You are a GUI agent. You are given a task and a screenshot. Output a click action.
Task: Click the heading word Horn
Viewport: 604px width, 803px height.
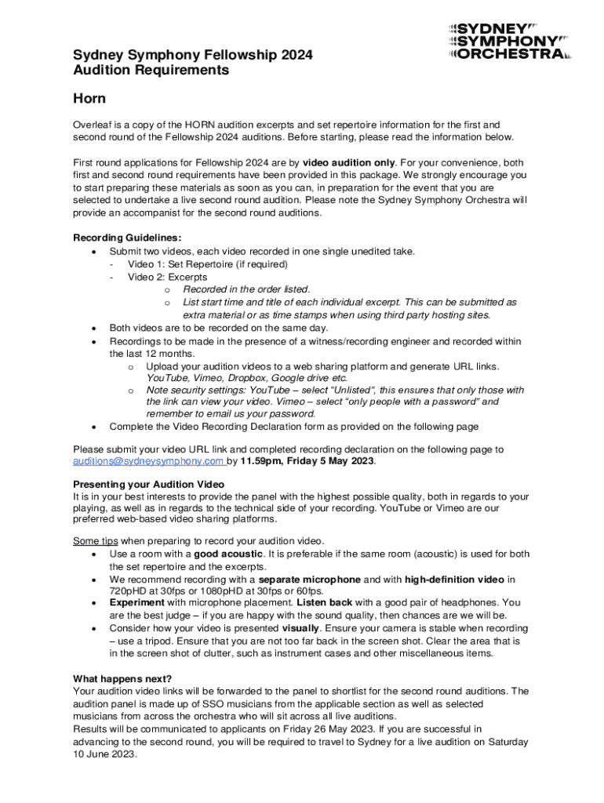[89, 99]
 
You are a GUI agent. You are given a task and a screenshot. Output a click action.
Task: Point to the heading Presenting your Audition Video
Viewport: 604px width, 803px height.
[148, 484]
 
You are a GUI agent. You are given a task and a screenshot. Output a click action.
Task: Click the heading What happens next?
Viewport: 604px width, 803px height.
[122, 678]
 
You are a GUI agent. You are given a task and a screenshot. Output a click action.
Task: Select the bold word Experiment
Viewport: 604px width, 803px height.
[137, 603]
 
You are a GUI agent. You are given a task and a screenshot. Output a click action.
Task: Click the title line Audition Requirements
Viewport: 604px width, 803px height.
[151, 71]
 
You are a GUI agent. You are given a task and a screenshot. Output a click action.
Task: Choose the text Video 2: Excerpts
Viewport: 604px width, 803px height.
[167, 277]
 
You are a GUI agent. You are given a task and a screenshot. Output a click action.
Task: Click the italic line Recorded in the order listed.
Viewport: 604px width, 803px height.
[246, 289]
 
